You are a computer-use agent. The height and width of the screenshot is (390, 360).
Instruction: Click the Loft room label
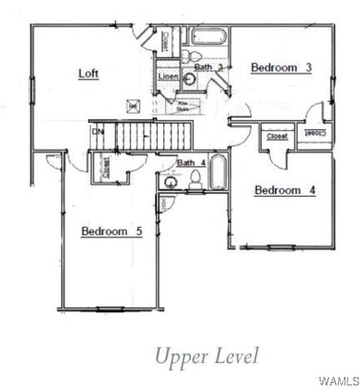coord(88,74)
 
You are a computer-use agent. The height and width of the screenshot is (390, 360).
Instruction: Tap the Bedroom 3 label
coord(281,67)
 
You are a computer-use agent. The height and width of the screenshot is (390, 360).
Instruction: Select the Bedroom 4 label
coord(284,191)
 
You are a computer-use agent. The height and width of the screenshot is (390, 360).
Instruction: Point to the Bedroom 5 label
coord(112,232)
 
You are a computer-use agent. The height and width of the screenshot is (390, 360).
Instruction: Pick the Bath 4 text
coord(192,162)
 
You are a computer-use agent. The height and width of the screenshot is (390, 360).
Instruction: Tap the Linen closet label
coord(168,76)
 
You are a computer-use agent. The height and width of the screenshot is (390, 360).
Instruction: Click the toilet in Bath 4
coord(196,180)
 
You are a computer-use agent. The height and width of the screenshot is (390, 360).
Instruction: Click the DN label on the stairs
coord(98,130)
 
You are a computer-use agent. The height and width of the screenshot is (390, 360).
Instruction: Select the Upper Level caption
coord(206,355)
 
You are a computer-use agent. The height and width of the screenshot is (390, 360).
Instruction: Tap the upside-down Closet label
coord(316,132)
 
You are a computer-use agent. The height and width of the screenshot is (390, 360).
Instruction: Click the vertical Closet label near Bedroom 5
coord(106,167)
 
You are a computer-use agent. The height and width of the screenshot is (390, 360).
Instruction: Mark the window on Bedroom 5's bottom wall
coord(108,308)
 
